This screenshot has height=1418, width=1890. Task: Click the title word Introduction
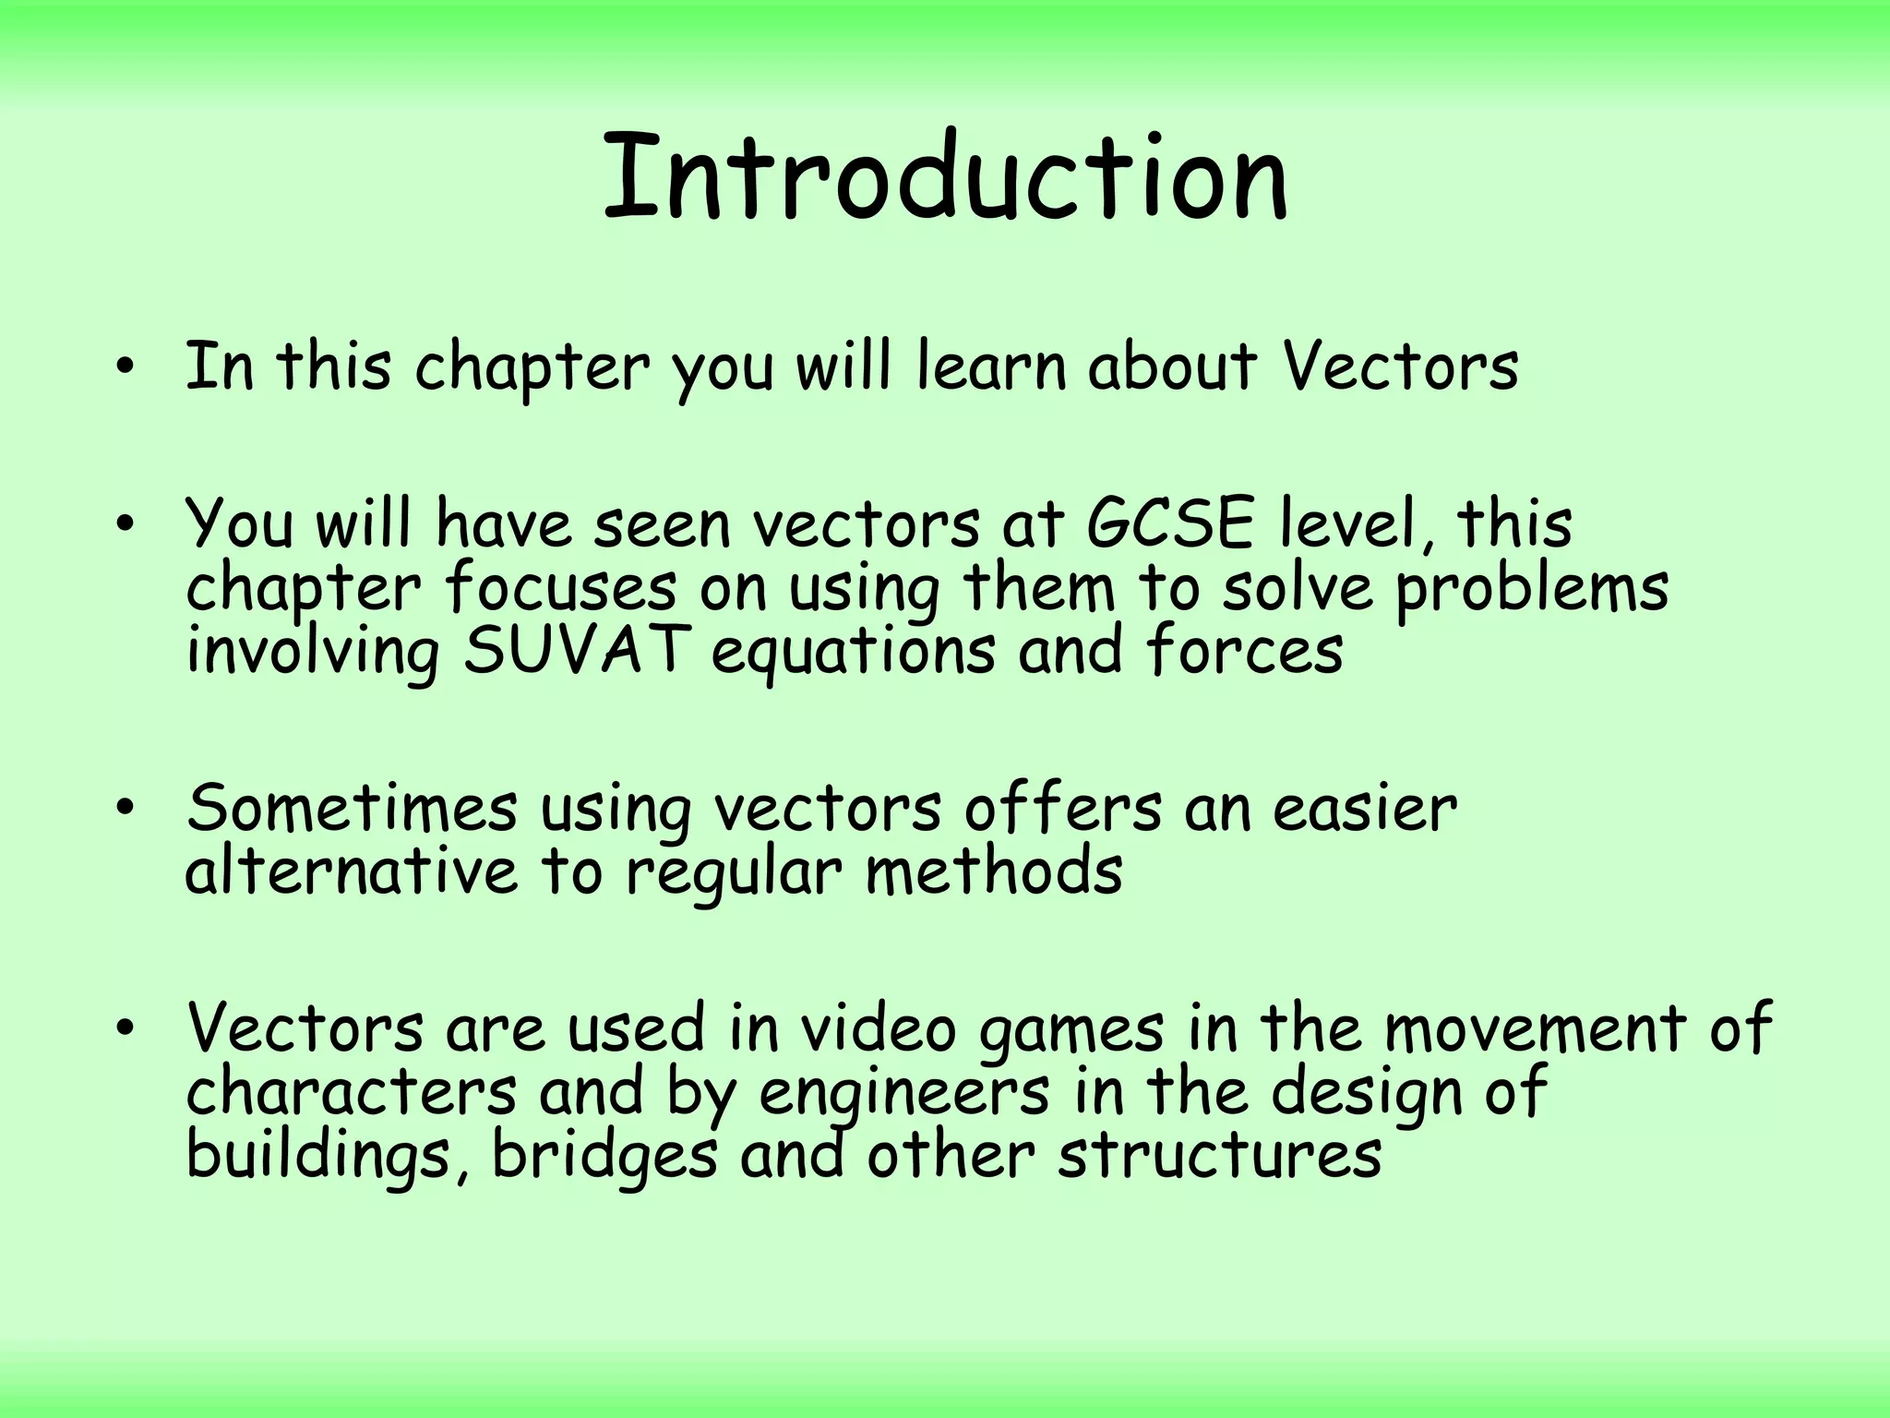coord(945,177)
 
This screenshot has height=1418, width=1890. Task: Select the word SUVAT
coord(577,650)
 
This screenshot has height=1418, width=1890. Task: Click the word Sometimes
coord(352,809)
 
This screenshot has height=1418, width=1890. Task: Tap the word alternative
coord(352,871)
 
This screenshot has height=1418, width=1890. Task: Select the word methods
coord(994,871)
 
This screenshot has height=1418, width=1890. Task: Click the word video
coord(878,1028)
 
